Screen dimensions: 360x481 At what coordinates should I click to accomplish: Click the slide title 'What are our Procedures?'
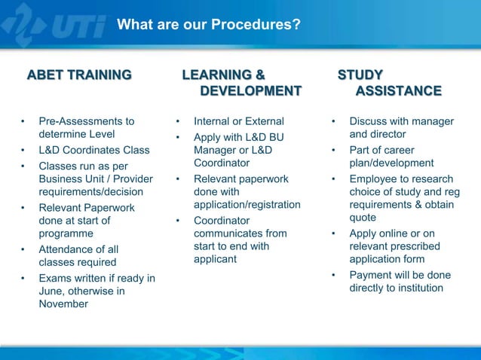pos(209,26)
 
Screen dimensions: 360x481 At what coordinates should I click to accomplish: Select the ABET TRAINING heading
pos(79,75)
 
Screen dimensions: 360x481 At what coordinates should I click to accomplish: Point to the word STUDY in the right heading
pos(360,75)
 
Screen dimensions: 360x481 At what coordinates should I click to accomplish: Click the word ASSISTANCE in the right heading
pos(398,91)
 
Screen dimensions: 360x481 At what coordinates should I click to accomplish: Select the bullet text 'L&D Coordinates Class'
pos(93,149)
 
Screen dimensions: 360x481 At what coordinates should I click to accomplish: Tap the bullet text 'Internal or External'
pos(239,121)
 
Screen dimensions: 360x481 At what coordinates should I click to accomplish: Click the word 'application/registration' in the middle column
pos(247,205)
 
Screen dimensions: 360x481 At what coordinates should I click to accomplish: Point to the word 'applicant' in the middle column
pos(215,259)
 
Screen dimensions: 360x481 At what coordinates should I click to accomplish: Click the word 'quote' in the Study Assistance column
pos(363,218)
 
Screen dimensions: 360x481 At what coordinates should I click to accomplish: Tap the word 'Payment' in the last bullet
pos(370,275)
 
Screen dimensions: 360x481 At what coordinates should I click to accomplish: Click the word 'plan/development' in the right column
pos(391,163)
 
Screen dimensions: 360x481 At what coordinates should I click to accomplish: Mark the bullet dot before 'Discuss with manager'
pos(333,121)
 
